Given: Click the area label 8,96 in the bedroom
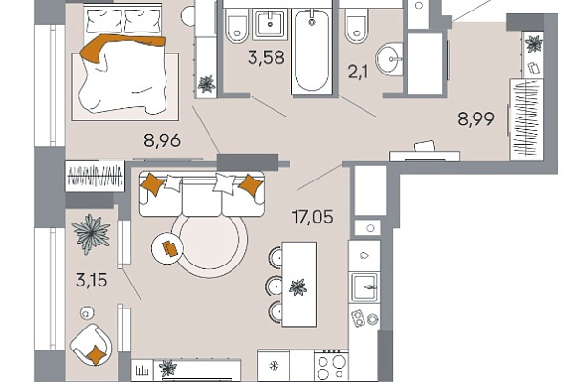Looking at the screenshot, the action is point(163,140).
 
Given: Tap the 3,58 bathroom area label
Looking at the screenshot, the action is point(266,57).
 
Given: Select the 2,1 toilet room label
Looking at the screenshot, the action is point(358,72).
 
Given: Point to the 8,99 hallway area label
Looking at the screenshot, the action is point(475,118).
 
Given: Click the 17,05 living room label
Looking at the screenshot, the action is point(312,217).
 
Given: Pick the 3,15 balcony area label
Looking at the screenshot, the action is point(92,281).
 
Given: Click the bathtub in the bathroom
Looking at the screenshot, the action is point(312,51).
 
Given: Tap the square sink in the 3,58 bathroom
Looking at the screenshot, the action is point(270,25).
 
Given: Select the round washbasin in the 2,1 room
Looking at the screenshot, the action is point(389,59).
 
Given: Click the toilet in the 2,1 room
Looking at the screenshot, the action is point(357,25).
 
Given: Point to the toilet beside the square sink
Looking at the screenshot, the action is point(237,25).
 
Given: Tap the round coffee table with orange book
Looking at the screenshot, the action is point(167,248).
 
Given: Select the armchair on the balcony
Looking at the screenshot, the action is point(91,344).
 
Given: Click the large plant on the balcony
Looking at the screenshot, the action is point(91,234).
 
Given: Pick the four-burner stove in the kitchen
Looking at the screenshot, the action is point(331,366).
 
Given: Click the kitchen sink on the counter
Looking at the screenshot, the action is point(364,286).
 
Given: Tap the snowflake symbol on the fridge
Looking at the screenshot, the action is point(274,365).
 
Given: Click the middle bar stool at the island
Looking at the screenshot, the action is point(274,286).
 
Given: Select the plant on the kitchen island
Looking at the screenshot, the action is point(298,287).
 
